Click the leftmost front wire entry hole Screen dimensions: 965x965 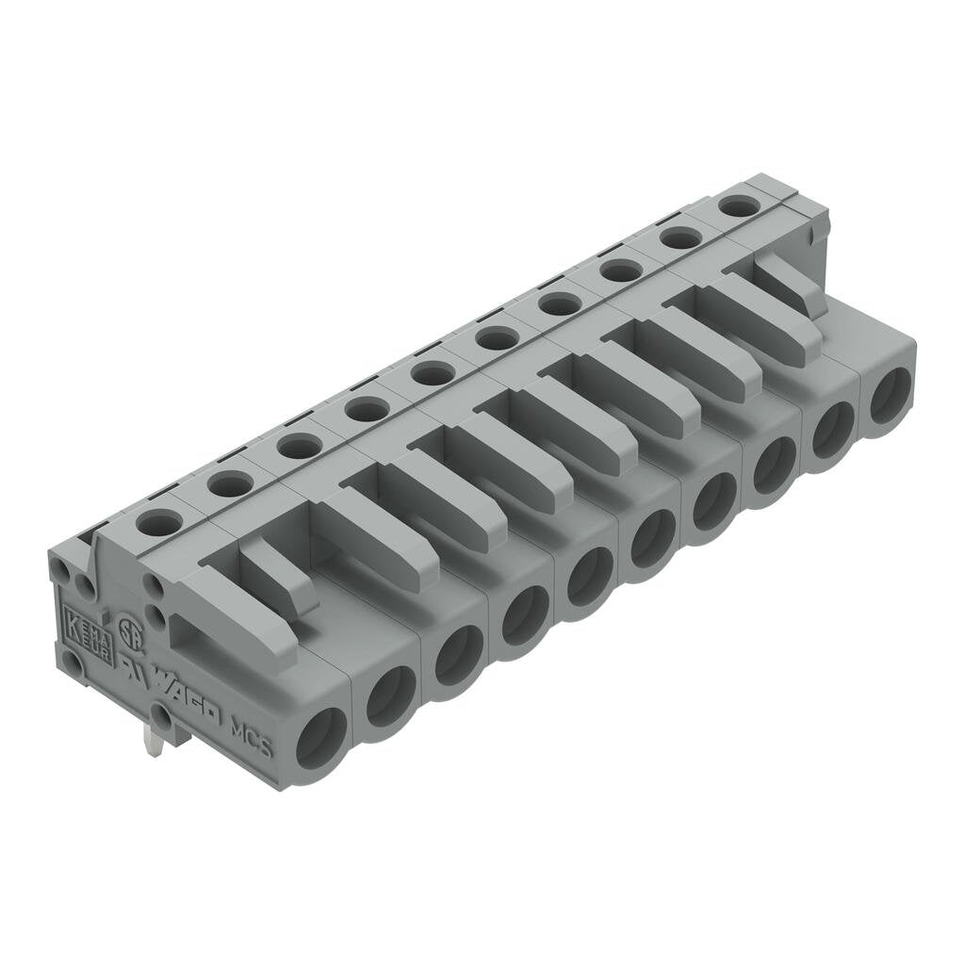coord(321,738)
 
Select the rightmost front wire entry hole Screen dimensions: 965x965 coord(890,396)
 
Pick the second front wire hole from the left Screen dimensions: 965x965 coord(390,695)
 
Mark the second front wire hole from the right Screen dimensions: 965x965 coord(833,430)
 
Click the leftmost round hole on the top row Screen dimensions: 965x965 coord(159,521)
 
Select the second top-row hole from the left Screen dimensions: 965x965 coord(230,483)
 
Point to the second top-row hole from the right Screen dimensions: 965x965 coord(680,238)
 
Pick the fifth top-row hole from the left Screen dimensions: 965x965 coord(433,373)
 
